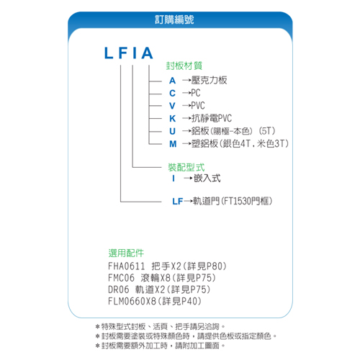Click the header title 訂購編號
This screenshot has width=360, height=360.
(174, 19)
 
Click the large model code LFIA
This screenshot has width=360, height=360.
(129, 53)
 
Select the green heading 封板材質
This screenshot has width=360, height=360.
(184, 66)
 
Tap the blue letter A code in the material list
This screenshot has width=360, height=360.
(172, 81)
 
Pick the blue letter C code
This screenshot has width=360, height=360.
(172, 93)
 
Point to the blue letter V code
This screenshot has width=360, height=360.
(172, 106)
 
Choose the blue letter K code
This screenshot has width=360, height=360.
(173, 119)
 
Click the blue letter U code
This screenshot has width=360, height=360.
(173, 131)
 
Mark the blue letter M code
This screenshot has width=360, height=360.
(173, 144)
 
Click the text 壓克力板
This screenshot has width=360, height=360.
(209, 80)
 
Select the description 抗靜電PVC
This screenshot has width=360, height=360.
(212, 118)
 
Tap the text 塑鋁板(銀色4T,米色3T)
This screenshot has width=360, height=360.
(240, 143)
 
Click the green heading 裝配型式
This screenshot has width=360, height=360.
(186, 167)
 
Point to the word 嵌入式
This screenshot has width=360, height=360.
(207, 179)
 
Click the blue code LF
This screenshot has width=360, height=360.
(178, 202)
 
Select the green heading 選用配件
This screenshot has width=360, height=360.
(126, 253)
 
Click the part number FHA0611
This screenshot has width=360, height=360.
(127, 266)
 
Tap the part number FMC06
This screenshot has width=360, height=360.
(121, 278)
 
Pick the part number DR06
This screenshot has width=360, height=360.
(119, 289)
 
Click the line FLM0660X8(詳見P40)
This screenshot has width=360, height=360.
(155, 301)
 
